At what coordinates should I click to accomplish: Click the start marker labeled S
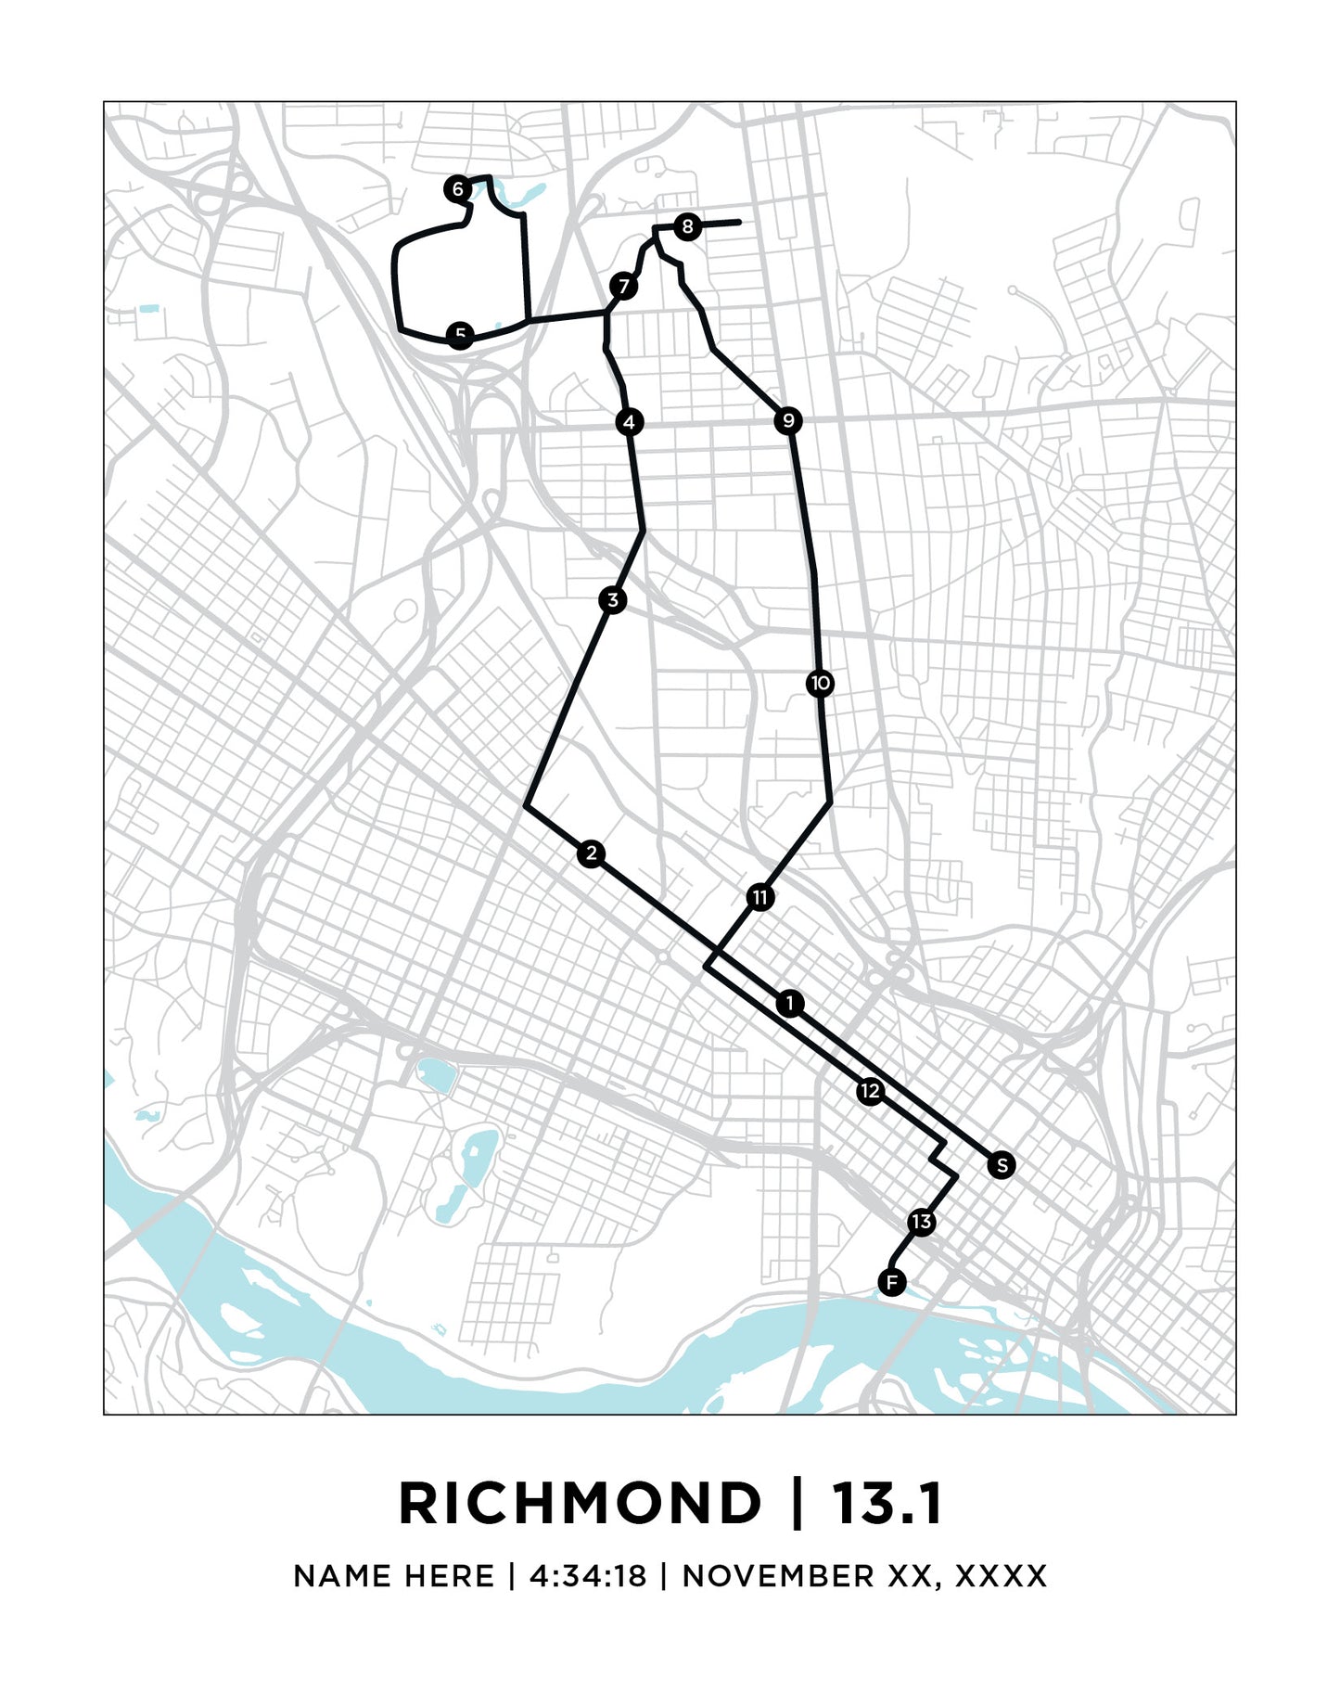pyautogui.click(x=1002, y=1165)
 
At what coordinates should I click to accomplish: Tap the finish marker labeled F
pyautogui.click(x=891, y=1283)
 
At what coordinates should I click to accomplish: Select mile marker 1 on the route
pyautogui.click(x=789, y=1003)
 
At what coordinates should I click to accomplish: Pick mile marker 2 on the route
pyautogui.click(x=591, y=853)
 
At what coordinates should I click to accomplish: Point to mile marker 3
pyautogui.click(x=612, y=600)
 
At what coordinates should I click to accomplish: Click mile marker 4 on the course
pyautogui.click(x=630, y=422)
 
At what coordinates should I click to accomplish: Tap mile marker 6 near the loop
pyautogui.click(x=457, y=189)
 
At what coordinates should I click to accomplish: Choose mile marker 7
pyautogui.click(x=624, y=286)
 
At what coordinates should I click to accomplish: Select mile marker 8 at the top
pyautogui.click(x=686, y=226)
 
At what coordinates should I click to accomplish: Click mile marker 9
pyautogui.click(x=787, y=421)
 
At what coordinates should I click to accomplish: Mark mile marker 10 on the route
pyautogui.click(x=820, y=684)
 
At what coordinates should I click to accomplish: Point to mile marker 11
pyautogui.click(x=760, y=897)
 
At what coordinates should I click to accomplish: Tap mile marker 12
pyautogui.click(x=869, y=1091)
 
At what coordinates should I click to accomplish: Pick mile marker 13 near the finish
pyautogui.click(x=921, y=1222)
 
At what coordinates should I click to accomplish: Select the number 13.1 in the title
pyautogui.click(x=887, y=1504)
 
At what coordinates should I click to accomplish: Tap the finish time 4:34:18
pyautogui.click(x=587, y=1576)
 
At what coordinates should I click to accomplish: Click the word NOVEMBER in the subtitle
pyautogui.click(x=778, y=1576)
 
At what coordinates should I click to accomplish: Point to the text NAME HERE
pyautogui.click(x=393, y=1576)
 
